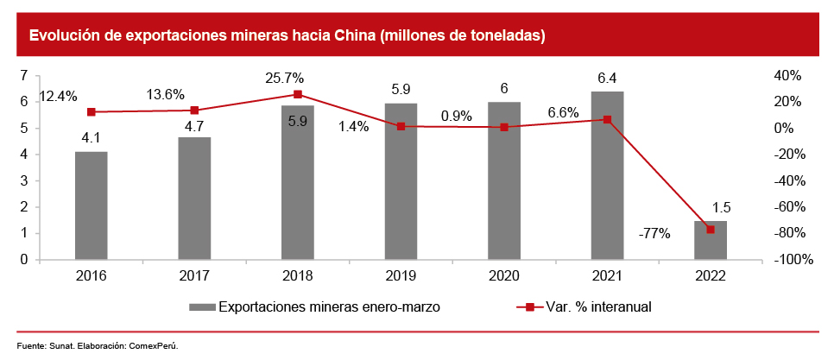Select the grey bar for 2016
[x=91, y=205]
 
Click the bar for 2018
[x=298, y=182]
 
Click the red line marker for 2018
[x=298, y=94]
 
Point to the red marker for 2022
[x=711, y=230]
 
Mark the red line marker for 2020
[x=504, y=127]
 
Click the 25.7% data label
[x=284, y=78]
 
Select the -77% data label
[x=654, y=233]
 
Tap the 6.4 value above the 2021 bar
[x=607, y=78]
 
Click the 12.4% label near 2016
[x=59, y=95]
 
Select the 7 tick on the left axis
[x=23, y=76]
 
